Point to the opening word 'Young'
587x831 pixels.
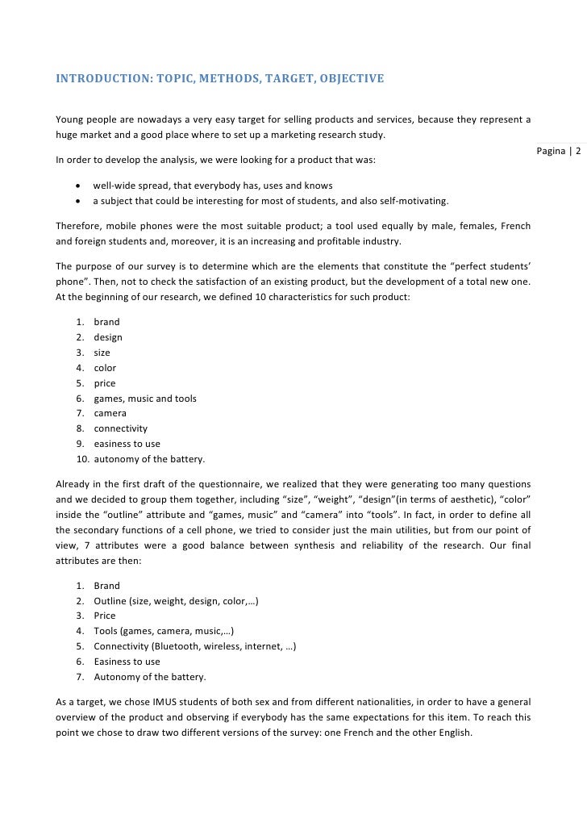coord(69,120)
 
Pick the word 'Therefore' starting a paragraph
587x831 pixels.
coord(78,226)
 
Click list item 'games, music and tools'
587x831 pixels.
coord(145,399)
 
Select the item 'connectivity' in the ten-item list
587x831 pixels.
coord(120,429)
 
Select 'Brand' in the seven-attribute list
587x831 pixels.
coord(106,586)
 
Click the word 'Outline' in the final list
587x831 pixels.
coord(110,601)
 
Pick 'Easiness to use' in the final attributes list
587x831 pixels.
coord(127,662)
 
